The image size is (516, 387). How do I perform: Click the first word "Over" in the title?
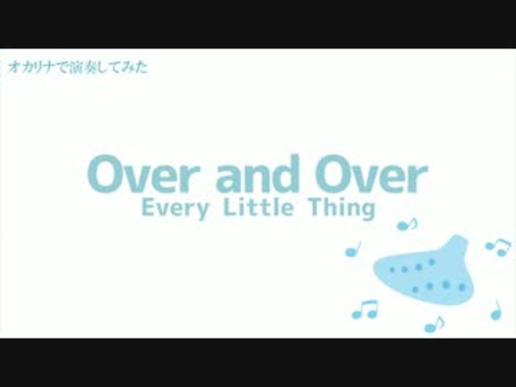(144, 174)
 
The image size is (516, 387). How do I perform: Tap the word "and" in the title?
(257, 174)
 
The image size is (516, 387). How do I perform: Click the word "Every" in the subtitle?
(175, 209)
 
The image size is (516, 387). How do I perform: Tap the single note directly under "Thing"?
(407, 225)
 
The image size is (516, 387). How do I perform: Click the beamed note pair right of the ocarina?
(498, 247)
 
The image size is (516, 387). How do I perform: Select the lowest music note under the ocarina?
(434, 324)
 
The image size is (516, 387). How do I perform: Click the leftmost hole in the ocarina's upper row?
(392, 269)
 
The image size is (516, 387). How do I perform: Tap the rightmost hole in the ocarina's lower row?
(462, 288)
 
